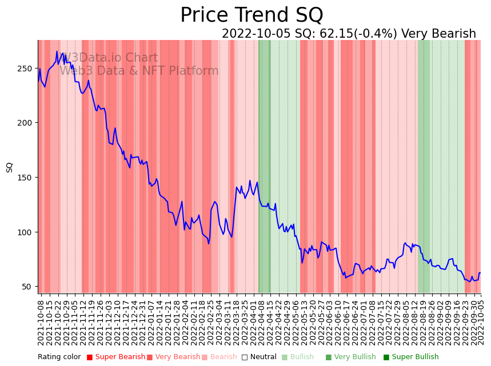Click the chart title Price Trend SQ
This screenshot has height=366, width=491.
click(252, 15)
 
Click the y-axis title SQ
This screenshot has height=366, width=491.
click(10, 167)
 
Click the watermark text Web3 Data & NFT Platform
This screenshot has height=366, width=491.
click(139, 71)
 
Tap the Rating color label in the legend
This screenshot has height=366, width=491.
click(59, 357)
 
